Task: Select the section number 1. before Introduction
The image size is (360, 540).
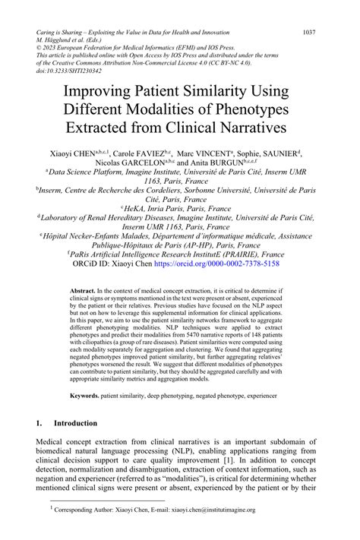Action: [39, 423]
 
